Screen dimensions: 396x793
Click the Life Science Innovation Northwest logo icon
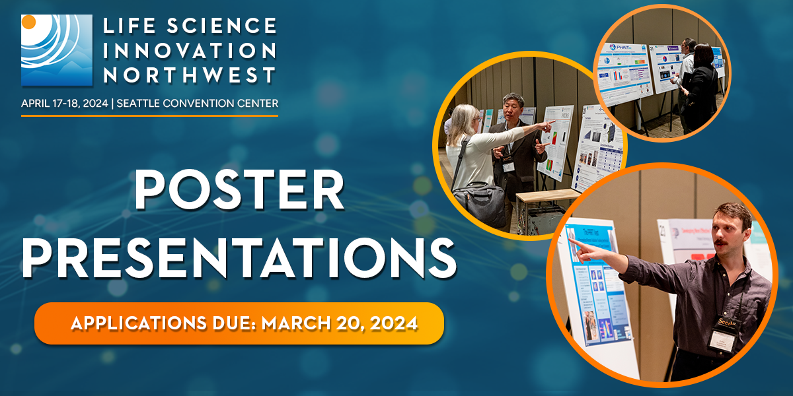click(x=56, y=51)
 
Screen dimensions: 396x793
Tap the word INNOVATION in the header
click(x=190, y=50)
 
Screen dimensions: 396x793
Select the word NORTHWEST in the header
click(x=190, y=75)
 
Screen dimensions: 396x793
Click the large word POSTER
click(x=239, y=192)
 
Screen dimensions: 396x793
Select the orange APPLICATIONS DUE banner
click(x=239, y=323)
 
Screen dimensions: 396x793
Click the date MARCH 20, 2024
click(x=340, y=323)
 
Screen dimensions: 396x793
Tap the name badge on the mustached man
click(x=725, y=336)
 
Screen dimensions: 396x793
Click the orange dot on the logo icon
click(x=28, y=22)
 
